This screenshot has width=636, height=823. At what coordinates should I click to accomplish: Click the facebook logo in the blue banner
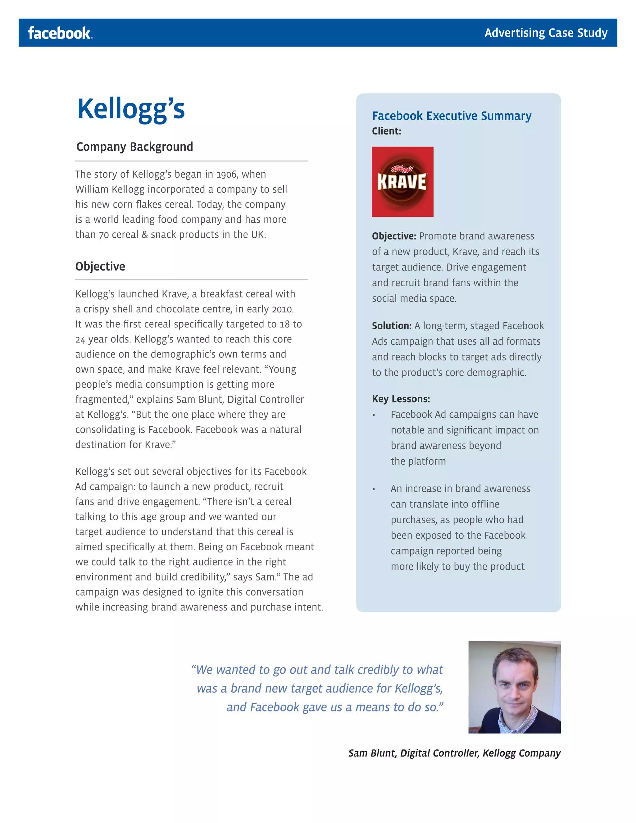[60, 33]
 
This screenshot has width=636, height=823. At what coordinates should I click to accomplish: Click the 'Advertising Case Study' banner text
[546, 33]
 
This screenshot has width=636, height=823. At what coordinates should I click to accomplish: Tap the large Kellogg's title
[131, 109]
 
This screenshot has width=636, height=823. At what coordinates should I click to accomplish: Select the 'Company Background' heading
[134, 147]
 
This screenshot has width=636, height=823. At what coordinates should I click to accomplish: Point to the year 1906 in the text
[227, 175]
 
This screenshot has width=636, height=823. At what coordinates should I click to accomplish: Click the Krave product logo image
[402, 182]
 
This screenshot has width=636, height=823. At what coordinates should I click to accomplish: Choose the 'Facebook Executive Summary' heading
[451, 116]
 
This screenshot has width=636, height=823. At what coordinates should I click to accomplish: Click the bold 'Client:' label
[386, 131]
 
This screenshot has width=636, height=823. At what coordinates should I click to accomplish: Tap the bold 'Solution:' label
[392, 325]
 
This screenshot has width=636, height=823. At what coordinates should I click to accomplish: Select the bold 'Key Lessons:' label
[401, 399]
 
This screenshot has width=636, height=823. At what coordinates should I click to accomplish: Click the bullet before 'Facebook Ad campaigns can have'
[374, 415]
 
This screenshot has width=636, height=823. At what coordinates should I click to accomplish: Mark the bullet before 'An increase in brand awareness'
[374, 489]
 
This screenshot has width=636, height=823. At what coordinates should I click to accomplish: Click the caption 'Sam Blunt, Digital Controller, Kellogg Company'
[454, 753]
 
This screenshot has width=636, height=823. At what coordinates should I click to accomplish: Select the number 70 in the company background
[104, 235]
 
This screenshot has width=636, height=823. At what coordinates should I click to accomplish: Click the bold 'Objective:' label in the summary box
[394, 236]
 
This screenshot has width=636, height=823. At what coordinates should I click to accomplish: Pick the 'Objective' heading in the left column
[100, 266]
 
